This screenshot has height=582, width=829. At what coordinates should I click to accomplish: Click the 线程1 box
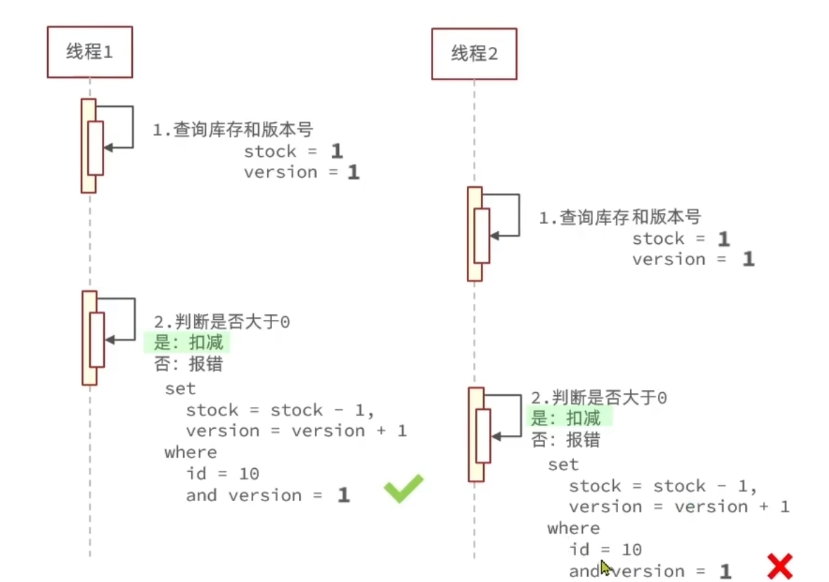pyautogui.click(x=89, y=51)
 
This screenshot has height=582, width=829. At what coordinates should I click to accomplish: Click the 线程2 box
pyautogui.click(x=474, y=53)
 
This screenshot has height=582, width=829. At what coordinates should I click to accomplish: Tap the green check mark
pyautogui.click(x=404, y=488)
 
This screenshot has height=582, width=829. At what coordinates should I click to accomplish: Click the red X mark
pyautogui.click(x=779, y=566)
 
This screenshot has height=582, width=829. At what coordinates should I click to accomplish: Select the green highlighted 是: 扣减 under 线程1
pyautogui.click(x=187, y=344)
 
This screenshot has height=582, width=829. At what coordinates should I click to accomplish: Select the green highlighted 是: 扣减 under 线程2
pyautogui.click(x=570, y=419)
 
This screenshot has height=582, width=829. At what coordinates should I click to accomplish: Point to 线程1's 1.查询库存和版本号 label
pyautogui.click(x=233, y=129)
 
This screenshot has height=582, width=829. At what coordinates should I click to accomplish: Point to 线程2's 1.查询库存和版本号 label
pyautogui.click(x=619, y=217)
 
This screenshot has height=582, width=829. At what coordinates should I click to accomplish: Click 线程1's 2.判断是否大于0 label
pyautogui.click(x=221, y=322)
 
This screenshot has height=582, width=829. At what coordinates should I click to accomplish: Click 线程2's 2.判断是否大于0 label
pyautogui.click(x=598, y=398)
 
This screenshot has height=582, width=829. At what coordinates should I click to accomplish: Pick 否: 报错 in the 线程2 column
pyautogui.click(x=565, y=441)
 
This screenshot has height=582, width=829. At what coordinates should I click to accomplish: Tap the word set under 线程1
pyautogui.click(x=180, y=389)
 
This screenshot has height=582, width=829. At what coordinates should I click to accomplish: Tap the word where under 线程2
pyautogui.click(x=573, y=528)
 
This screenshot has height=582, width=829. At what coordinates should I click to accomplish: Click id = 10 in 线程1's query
pyautogui.click(x=223, y=474)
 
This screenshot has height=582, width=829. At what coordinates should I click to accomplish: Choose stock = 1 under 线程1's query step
pyautogui.click(x=293, y=152)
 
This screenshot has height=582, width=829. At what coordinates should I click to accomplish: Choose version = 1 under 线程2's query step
pyautogui.click(x=693, y=259)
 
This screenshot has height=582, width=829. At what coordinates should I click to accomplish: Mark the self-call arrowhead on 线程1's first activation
pyautogui.click(x=108, y=148)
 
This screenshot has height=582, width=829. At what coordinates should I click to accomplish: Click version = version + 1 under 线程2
pyautogui.click(x=679, y=507)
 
